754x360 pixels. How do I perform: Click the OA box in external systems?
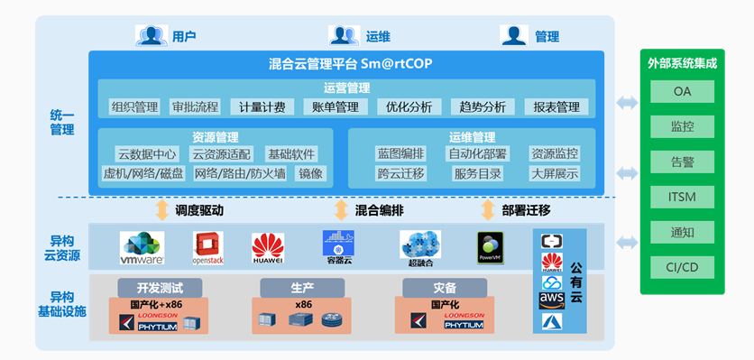(682, 91)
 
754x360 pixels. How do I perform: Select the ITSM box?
(682, 197)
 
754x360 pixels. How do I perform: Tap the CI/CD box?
(682, 267)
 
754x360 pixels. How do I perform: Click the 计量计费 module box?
(262, 107)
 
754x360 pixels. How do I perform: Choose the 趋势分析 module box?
(483, 107)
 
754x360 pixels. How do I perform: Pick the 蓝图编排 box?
(400, 154)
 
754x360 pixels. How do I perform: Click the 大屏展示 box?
(555, 174)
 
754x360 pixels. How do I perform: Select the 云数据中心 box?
(147, 154)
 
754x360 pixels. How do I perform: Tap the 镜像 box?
(311, 174)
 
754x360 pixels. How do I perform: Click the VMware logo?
(143, 247)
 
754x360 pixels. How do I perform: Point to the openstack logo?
(207, 247)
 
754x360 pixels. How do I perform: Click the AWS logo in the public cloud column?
(551, 300)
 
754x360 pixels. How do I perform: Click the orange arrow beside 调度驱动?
(162, 210)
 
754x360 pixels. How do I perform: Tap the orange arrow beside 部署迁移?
(488, 210)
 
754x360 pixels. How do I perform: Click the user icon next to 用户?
(152, 36)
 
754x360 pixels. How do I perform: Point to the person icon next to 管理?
(514, 36)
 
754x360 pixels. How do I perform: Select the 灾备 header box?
(444, 288)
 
